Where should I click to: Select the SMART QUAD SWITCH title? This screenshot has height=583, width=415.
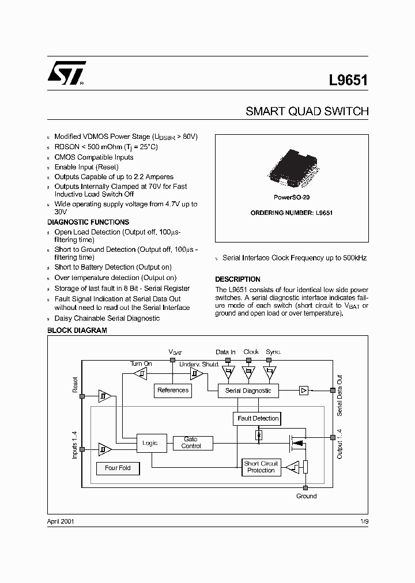click(x=307, y=111)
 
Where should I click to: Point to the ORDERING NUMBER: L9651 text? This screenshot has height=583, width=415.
click(x=291, y=213)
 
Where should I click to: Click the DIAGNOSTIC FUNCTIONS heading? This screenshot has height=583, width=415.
click(x=88, y=222)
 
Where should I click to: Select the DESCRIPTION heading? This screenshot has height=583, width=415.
click(x=237, y=279)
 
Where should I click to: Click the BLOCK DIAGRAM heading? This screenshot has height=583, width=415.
click(x=77, y=331)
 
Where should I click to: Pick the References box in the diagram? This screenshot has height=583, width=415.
click(x=173, y=391)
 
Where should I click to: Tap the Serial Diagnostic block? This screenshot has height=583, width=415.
click(x=248, y=391)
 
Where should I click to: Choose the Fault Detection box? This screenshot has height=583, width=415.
click(x=258, y=418)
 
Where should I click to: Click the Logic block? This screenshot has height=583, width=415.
click(x=151, y=443)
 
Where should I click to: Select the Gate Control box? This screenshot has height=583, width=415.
click(x=191, y=443)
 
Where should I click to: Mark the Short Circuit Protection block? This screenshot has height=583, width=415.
click(x=261, y=467)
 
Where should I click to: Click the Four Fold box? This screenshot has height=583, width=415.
click(x=118, y=468)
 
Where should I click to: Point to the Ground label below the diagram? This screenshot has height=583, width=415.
click(x=306, y=496)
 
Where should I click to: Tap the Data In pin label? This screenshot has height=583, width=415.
click(x=225, y=352)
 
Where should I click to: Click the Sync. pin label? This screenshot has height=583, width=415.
click(x=273, y=352)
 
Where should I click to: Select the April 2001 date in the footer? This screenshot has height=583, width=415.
click(x=61, y=521)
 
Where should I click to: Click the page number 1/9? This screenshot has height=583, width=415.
click(x=363, y=521)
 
